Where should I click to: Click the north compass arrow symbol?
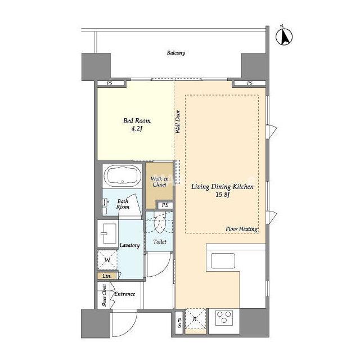click(x=284, y=36)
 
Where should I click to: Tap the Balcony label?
click(x=176, y=53)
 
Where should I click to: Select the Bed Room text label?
click(x=137, y=120)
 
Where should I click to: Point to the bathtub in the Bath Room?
click(x=123, y=175)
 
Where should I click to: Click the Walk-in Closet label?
click(x=159, y=182)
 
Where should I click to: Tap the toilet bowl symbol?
click(x=160, y=224)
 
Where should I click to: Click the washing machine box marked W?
click(x=107, y=260)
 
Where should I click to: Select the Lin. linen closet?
click(x=107, y=276)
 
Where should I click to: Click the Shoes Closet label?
click(x=105, y=295)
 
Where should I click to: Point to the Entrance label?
click(x=125, y=294)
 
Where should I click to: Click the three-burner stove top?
click(x=224, y=317)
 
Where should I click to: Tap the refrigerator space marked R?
click(x=195, y=319)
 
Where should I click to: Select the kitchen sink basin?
click(x=223, y=261)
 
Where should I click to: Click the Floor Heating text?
click(x=241, y=229)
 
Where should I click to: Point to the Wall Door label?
click(x=178, y=122)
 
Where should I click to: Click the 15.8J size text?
click(x=223, y=195)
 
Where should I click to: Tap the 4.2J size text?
click(x=137, y=129)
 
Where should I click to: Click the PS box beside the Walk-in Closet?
click(x=165, y=205)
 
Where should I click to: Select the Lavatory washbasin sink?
click(x=108, y=233)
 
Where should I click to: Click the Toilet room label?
click(x=160, y=241)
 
